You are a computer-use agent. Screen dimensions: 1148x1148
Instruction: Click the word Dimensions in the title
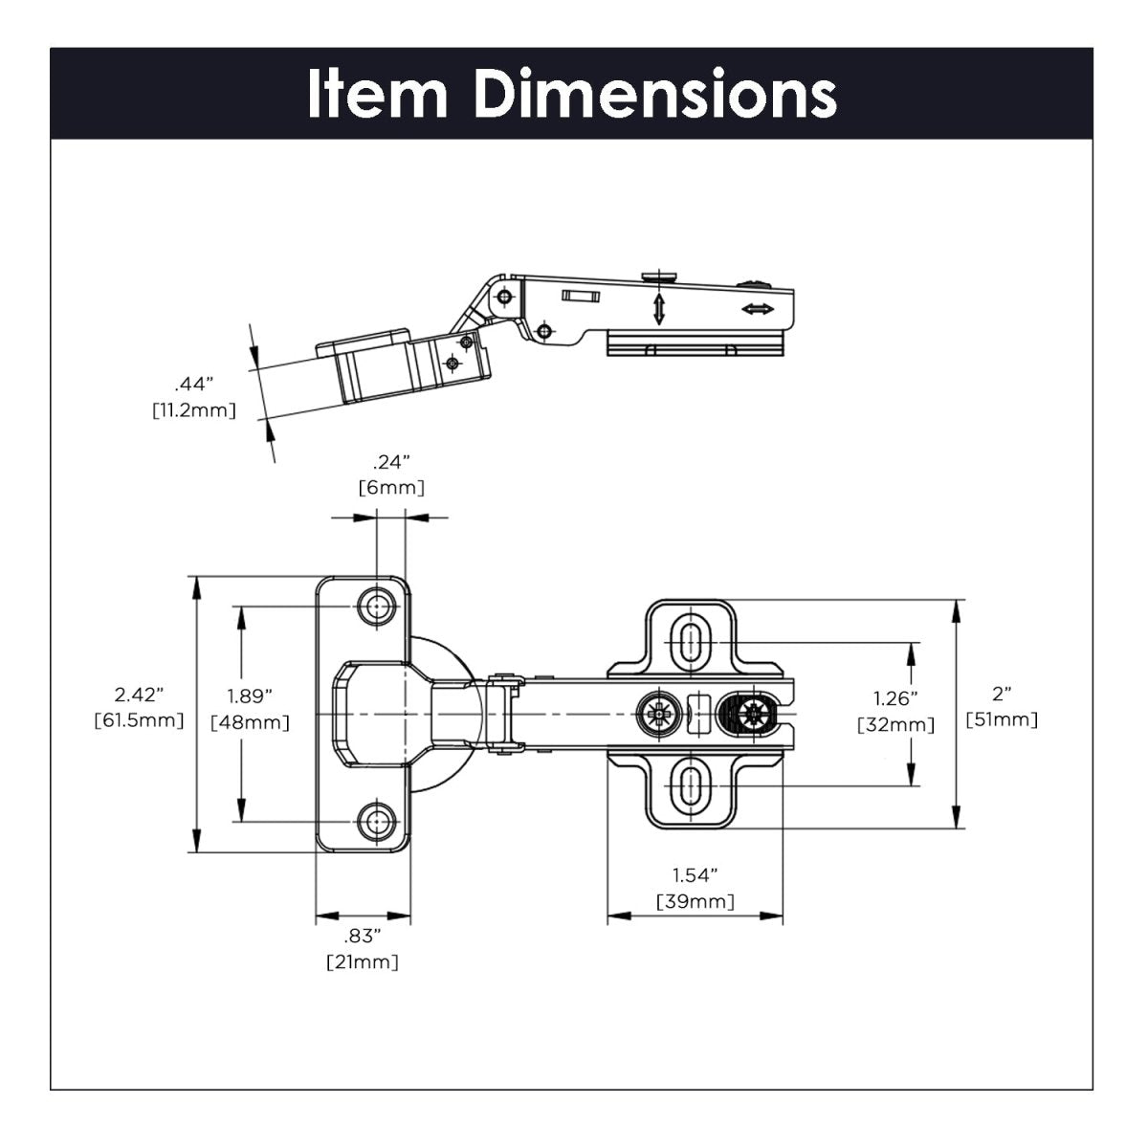[x=655, y=93]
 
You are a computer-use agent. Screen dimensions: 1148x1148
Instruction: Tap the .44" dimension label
[x=193, y=385]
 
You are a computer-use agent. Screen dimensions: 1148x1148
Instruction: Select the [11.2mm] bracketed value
[x=193, y=409]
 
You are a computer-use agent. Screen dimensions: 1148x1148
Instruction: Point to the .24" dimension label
[x=391, y=462]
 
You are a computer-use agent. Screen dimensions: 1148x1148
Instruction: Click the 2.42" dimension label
[x=140, y=694]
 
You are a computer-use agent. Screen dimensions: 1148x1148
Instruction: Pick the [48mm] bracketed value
[x=250, y=722]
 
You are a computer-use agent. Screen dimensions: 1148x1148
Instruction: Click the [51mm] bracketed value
[x=1002, y=719]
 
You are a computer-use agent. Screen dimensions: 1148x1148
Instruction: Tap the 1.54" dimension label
[x=695, y=874]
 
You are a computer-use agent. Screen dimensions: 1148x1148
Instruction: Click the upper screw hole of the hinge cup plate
[x=377, y=606]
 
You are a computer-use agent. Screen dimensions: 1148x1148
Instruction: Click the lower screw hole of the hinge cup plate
[x=377, y=821]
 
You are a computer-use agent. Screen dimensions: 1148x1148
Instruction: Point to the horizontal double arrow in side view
[x=758, y=309]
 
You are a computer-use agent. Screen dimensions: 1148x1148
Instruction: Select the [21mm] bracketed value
[x=363, y=961]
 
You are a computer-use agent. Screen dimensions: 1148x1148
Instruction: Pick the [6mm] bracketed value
[x=391, y=488]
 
